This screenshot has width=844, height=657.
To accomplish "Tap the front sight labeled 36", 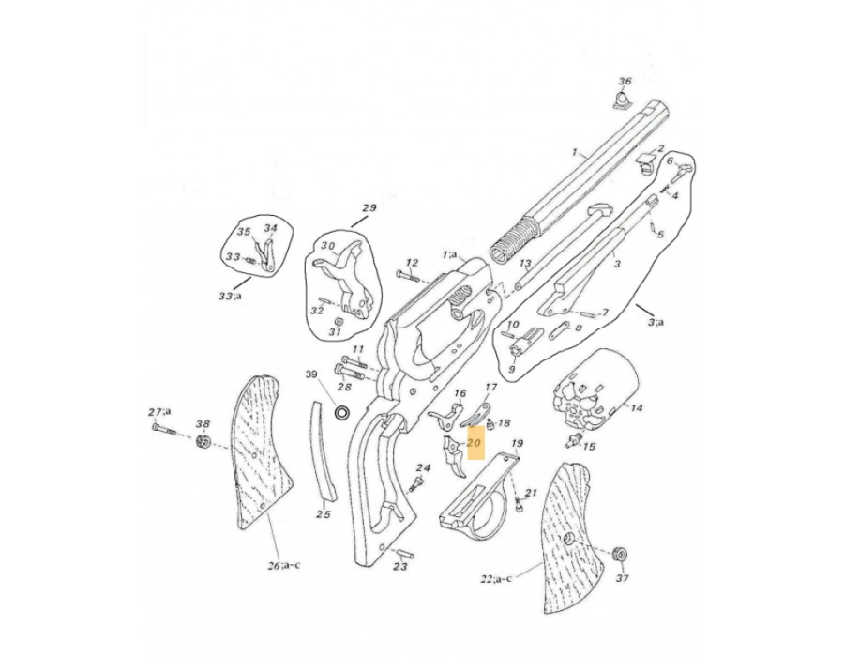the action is [622, 100].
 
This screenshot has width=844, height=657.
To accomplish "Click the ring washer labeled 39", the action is [342, 413].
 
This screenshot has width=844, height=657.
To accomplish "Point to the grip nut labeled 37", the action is [621, 554].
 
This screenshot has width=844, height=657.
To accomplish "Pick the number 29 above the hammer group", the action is [369, 208].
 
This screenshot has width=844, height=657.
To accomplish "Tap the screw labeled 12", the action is [410, 277].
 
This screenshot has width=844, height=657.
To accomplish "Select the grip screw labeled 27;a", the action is [164, 429].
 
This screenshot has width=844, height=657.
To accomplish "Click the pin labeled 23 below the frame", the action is [403, 553].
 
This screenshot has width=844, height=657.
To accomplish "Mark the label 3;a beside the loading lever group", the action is [656, 322].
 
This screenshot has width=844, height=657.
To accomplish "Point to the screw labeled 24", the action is [415, 483].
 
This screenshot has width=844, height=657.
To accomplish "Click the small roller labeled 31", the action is [338, 321].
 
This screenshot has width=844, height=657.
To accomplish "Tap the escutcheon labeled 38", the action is [203, 441].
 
